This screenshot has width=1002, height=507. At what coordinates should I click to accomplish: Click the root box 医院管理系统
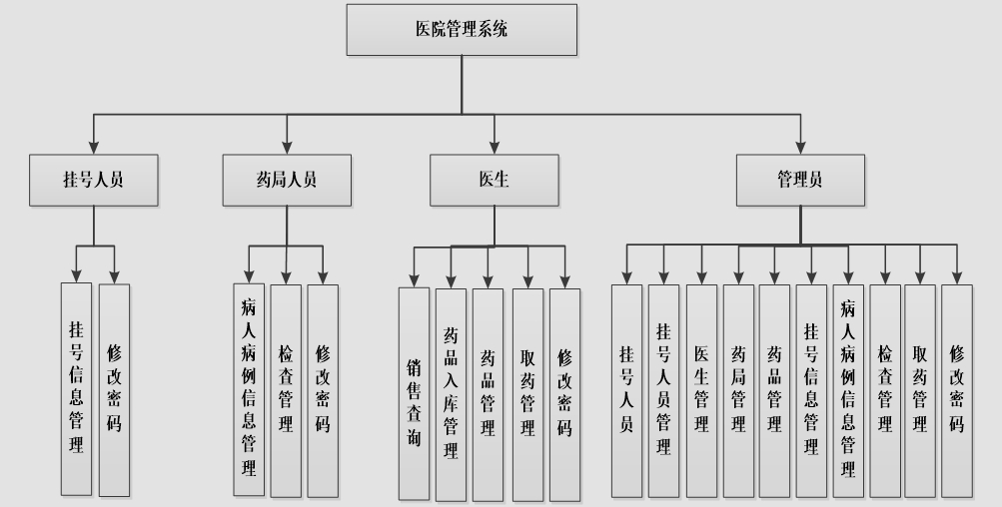[x=462, y=30]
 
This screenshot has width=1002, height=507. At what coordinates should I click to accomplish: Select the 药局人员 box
[x=287, y=180]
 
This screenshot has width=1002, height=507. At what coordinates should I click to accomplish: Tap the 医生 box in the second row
[x=494, y=180]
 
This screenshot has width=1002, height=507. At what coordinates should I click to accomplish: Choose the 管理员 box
[x=801, y=180]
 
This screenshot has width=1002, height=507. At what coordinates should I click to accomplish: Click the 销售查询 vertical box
[x=415, y=393]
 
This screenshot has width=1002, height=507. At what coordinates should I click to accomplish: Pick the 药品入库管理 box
[x=452, y=394]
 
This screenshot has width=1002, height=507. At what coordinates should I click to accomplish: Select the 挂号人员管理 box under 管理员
[x=664, y=391]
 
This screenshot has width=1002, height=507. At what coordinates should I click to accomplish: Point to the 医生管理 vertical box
[x=701, y=391]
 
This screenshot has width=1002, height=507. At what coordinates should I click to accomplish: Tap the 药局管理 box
[x=738, y=391]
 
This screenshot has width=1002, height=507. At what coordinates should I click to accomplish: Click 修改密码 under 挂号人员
[x=115, y=390]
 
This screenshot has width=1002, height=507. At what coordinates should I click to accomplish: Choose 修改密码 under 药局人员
[x=323, y=391]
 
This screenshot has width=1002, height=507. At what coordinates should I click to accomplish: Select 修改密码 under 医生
[x=564, y=394]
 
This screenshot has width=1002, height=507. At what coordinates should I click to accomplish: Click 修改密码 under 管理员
[x=957, y=391]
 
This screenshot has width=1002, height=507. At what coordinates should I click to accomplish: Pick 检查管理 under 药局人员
[x=286, y=391]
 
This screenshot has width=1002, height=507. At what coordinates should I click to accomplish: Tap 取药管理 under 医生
[x=527, y=394]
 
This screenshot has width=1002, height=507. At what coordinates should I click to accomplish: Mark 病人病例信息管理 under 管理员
[x=848, y=391]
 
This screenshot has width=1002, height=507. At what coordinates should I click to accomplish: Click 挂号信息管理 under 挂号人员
[x=76, y=389]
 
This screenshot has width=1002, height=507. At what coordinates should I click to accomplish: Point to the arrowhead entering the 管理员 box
[x=801, y=148]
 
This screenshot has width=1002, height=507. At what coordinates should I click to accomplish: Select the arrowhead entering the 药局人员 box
[x=287, y=148]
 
